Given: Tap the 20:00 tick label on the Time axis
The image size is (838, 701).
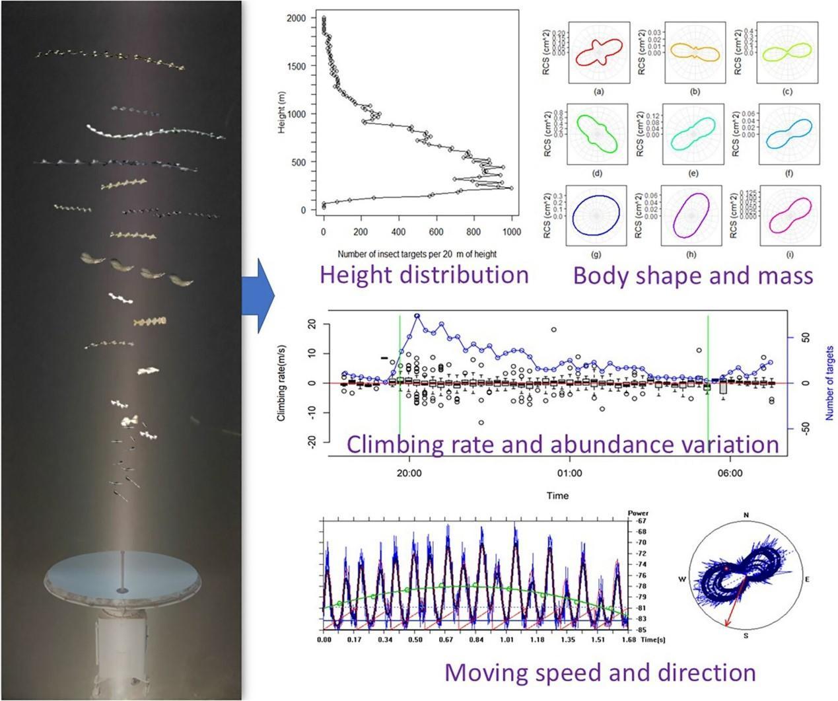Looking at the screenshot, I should point(409,473).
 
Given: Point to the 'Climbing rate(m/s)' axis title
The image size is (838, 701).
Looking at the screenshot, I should point(281,383).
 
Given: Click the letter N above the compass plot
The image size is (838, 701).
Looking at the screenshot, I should point(746,515).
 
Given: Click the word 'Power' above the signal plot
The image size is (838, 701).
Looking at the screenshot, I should point(638,512).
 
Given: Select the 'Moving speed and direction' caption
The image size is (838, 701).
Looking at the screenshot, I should point(600,673).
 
